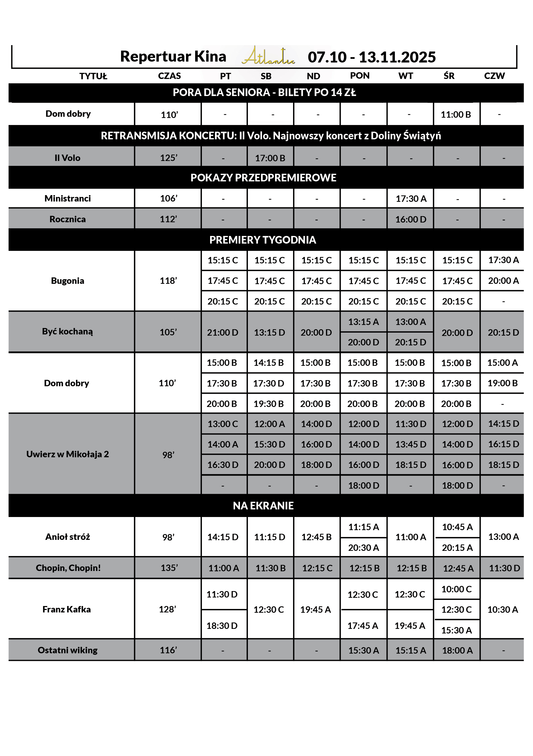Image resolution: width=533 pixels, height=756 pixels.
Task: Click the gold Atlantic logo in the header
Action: [268, 56]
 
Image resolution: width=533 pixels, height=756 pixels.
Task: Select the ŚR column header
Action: [449, 76]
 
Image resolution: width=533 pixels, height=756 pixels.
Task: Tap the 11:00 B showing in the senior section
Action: [456, 115]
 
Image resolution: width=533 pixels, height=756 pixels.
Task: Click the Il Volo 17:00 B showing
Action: [270, 158]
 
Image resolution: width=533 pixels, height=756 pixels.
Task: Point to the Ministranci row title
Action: [67, 198]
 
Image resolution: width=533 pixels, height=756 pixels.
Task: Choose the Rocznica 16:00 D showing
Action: [410, 219]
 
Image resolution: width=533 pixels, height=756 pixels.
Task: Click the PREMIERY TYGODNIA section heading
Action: [263, 240]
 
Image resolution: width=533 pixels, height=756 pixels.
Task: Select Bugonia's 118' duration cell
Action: [168, 280]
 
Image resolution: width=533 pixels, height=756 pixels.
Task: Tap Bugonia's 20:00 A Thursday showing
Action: [503, 280]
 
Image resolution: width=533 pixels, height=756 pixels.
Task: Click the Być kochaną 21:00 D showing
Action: [222, 332]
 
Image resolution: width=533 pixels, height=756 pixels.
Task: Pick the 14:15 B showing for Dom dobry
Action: [268, 362]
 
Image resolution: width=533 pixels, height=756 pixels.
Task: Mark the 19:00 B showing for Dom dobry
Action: [503, 383]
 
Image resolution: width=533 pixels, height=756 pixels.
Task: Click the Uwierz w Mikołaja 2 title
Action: [67, 454]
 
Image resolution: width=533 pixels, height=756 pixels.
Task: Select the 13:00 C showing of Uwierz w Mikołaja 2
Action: [222, 424]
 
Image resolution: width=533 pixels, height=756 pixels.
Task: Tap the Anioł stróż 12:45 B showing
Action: [316, 537]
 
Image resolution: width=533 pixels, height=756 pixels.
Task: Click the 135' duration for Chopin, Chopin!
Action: [169, 568]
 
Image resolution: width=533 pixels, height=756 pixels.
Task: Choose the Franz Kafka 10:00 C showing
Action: [456, 589]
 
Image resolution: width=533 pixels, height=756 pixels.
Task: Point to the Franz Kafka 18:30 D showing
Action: [222, 626]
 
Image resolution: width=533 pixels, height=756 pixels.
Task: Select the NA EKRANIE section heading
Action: [263, 506]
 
